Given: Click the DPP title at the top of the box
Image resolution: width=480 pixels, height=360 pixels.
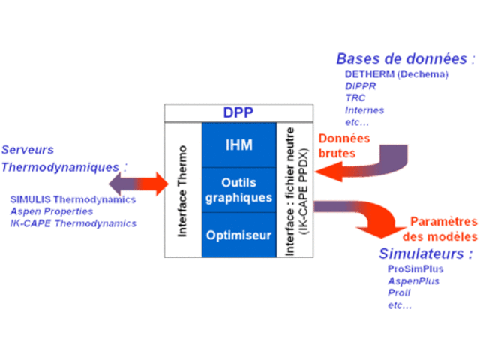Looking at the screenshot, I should pyautogui.click(x=238, y=112).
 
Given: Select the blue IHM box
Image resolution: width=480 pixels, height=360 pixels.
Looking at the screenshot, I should pyautogui.click(x=239, y=145).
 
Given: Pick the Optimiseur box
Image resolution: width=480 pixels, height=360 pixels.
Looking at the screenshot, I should pyautogui.click(x=239, y=235).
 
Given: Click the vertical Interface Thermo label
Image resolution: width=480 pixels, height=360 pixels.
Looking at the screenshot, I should pyautogui.click(x=182, y=192).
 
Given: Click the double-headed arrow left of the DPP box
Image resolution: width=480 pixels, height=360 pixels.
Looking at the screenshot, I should pyautogui.click(x=139, y=181).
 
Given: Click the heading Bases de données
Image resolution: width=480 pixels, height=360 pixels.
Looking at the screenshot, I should pyautogui.click(x=405, y=58).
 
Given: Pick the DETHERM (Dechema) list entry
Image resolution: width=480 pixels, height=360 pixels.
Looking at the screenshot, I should pyautogui.click(x=396, y=74).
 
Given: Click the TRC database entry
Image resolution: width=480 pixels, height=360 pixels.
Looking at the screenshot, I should pyautogui.click(x=355, y=98).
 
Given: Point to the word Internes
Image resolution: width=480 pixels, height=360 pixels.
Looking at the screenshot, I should pyautogui.click(x=364, y=110).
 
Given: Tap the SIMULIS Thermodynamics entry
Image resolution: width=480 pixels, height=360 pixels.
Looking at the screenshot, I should pyautogui.click(x=73, y=199).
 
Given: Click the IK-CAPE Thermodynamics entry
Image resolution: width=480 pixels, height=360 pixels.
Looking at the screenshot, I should pyautogui.click(x=73, y=223).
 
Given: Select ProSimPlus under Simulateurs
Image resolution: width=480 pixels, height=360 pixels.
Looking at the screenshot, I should pyautogui.click(x=415, y=268).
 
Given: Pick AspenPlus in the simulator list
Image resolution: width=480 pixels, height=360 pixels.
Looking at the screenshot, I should pyautogui.click(x=413, y=281).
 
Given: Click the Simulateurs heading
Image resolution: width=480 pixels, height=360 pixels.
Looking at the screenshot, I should pyautogui.click(x=426, y=253).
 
